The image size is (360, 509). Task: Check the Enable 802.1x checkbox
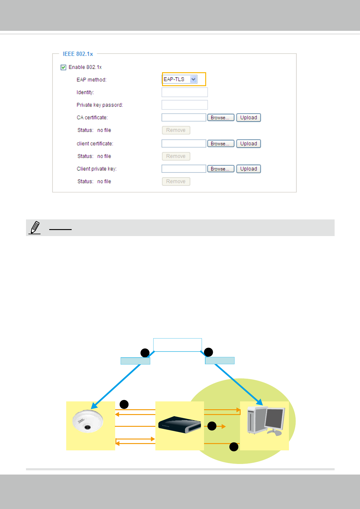(63, 67)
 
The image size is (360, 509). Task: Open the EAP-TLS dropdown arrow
(193, 79)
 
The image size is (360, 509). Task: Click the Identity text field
(184, 92)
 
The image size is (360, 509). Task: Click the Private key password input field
(184, 105)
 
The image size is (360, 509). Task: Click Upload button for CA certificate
(248, 118)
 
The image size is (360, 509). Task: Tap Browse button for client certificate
(221, 144)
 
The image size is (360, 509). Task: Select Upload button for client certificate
(248, 144)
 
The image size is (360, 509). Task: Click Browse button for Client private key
(221, 169)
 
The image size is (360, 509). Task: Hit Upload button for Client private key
(248, 169)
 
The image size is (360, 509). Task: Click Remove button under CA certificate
(176, 130)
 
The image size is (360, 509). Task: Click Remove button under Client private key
(176, 182)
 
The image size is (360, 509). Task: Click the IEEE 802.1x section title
(78, 54)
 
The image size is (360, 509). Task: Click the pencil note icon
(35, 227)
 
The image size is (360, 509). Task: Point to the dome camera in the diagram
(88, 421)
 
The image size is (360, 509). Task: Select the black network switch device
(180, 425)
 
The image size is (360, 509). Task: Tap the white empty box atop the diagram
(177, 345)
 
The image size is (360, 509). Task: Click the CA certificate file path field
(184, 118)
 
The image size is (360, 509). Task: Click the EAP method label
(91, 80)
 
